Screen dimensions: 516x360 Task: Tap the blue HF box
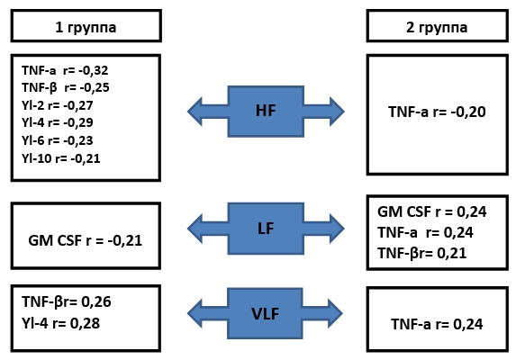coord(266,112)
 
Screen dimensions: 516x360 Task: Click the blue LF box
coord(266,229)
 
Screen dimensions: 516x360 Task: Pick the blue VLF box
coord(265,313)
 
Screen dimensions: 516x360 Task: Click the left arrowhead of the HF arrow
coord(195,112)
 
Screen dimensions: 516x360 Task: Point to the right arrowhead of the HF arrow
coord(337,112)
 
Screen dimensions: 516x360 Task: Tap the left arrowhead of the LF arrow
coord(195,229)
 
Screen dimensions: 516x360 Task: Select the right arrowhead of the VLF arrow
coord(335,313)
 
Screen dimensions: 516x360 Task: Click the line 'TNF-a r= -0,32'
coord(65,70)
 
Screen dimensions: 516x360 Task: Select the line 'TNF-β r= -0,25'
coord(66,88)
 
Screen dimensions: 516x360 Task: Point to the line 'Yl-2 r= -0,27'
coord(58,105)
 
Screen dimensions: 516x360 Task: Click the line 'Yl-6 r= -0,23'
coord(58,140)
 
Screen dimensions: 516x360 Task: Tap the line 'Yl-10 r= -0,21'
coord(61,158)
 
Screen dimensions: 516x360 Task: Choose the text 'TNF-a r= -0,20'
coord(437,112)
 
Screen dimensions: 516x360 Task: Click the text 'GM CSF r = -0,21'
coord(86,240)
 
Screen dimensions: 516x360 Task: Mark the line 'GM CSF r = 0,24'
coord(431,211)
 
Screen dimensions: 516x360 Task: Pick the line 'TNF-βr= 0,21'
coord(421,254)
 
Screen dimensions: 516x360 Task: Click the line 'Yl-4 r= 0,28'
coord(61,323)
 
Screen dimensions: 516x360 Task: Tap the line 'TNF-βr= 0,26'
coord(67,301)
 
